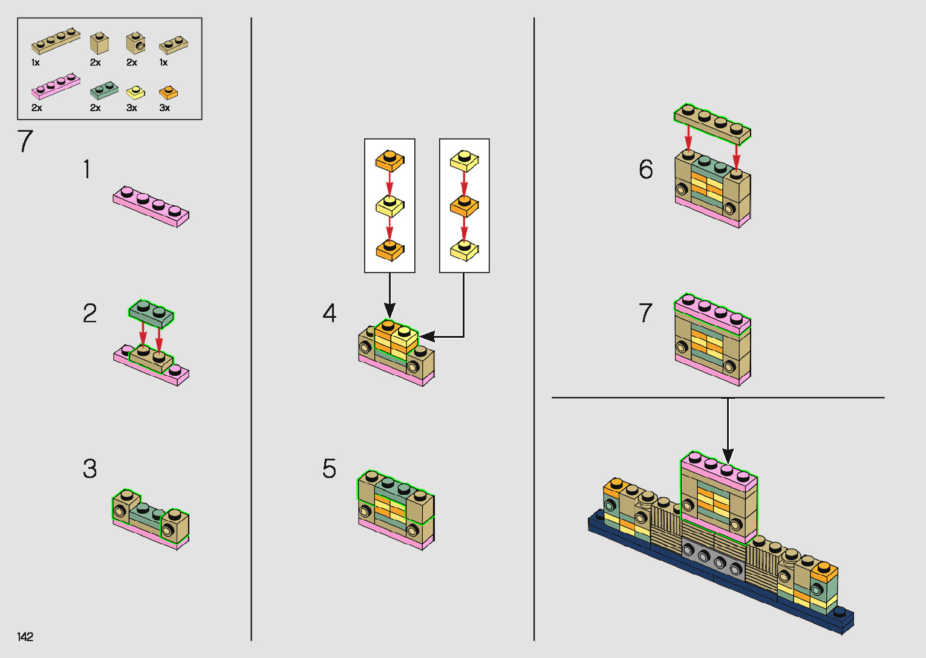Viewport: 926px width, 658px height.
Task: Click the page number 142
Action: point(25,636)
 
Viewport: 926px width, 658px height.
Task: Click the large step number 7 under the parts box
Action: point(25,142)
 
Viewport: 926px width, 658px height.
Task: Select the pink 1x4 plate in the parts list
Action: point(56,86)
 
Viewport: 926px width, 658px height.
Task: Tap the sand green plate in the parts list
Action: point(103,91)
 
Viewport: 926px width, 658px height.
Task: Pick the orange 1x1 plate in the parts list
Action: point(168,92)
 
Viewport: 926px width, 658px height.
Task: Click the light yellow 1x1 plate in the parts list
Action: point(135,92)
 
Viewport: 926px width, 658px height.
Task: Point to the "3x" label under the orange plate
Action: point(165,108)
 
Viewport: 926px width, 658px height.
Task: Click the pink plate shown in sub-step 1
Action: point(151,206)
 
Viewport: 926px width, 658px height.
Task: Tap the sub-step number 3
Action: point(90,469)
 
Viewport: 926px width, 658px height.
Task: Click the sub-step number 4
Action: point(329,313)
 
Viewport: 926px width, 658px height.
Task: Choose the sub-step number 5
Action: point(329,469)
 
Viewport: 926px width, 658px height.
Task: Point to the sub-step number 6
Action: point(646,169)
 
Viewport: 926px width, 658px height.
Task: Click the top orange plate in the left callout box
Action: point(390,161)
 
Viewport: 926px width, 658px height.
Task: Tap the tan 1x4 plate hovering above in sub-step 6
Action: point(712,123)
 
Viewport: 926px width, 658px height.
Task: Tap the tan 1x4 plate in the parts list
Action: point(56,40)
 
